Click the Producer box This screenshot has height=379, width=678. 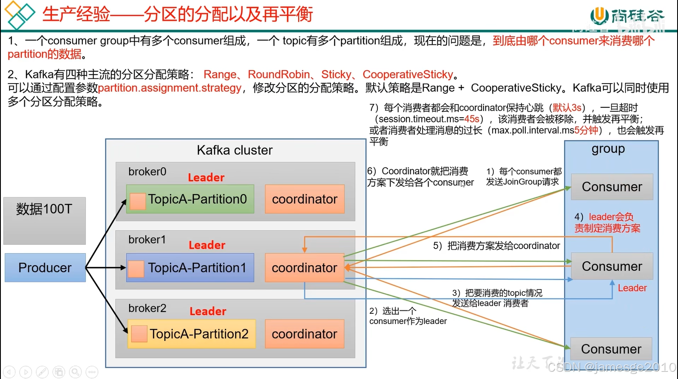point(45,268)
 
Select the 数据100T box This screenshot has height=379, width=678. point(44,220)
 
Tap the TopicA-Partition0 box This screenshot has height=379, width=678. point(190,199)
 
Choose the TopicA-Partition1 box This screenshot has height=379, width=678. point(190,268)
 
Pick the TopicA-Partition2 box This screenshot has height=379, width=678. point(191,334)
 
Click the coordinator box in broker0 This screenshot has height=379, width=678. point(304,199)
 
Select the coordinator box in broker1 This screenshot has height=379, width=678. point(304,268)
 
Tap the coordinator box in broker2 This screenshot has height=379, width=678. point(304,334)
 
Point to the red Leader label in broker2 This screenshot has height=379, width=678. point(208,311)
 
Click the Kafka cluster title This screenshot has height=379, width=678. point(235,150)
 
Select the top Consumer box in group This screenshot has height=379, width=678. point(612,187)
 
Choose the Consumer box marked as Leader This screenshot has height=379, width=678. point(612,266)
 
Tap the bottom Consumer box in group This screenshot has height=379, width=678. point(611,349)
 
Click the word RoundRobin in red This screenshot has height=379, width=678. point(279,75)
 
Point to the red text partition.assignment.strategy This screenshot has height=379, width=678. point(170,88)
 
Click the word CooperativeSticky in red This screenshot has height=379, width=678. point(408,75)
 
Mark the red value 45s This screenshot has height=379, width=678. point(472,119)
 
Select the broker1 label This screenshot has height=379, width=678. point(147,240)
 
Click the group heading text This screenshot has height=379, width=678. point(608,149)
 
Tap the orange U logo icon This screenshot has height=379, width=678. point(599,15)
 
